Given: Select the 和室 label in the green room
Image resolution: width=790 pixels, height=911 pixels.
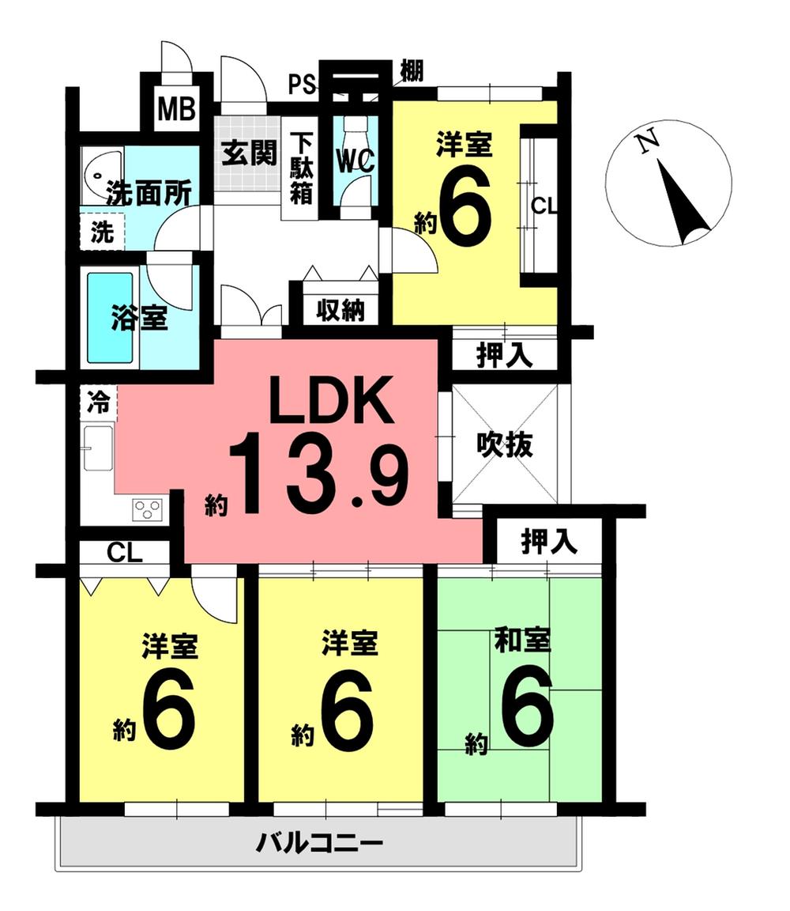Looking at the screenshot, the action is coord(521,641).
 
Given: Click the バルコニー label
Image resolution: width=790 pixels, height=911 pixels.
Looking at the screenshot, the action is coord(319,843).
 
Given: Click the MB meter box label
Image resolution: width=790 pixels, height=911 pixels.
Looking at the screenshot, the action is coord(176,109).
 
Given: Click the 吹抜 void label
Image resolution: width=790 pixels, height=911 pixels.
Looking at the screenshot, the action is coord(504,445).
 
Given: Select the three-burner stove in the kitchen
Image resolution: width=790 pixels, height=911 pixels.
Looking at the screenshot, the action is coord(148,509).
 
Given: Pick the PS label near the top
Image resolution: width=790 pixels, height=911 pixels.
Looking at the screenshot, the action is coord(300,84).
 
